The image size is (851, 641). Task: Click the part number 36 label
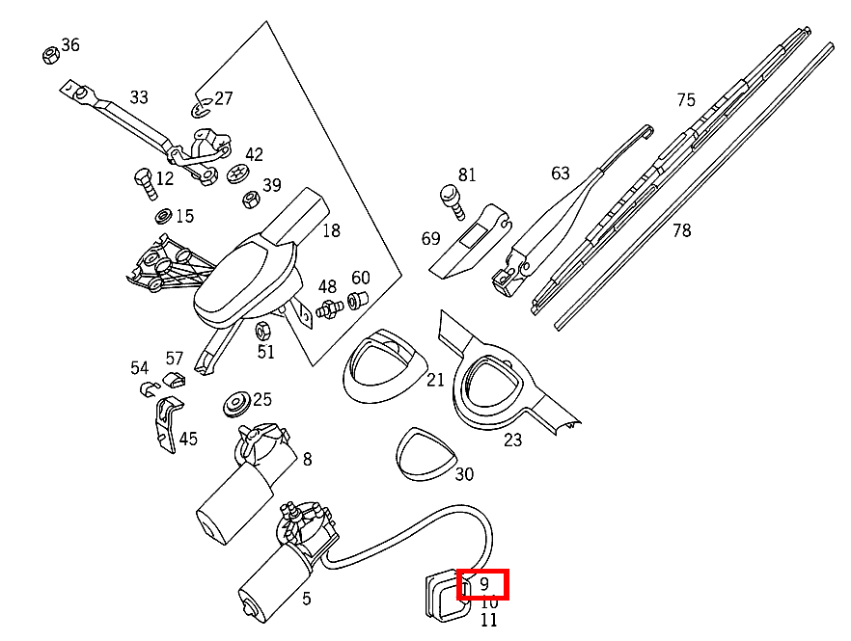pyautogui.click(x=70, y=45)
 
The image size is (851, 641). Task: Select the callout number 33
pyautogui.click(x=139, y=97)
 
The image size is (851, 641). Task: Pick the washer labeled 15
pyautogui.click(x=162, y=215)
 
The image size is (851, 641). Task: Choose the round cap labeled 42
pyautogui.click(x=237, y=174)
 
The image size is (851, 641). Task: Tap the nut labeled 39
pyautogui.click(x=249, y=200)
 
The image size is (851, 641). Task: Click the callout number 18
pyautogui.click(x=331, y=230)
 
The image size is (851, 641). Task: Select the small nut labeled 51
pyautogui.click(x=261, y=332)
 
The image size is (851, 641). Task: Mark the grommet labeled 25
pyautogui.click(x=235, y=404)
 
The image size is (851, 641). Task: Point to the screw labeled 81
pyautogui.click(x=449, y=198)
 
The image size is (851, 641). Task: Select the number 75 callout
pyautogui.click(x=686, y=100)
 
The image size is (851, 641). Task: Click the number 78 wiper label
pyautogui.click(x=682, y=230)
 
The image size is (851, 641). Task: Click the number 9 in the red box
pyautogui.click(x=484, y=584)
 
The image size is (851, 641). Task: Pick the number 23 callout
pyautogui.click(x=512, y=440)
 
